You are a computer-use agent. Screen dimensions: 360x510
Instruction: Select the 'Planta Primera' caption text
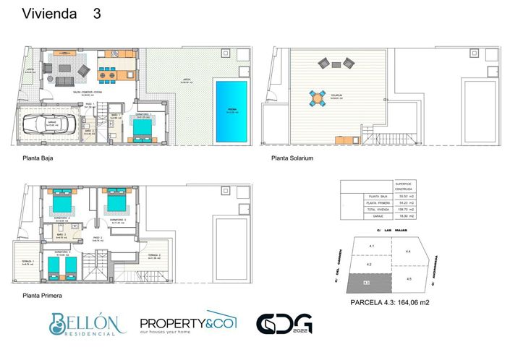coord(41,296)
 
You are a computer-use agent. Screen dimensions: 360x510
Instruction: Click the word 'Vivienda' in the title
coord(49,14)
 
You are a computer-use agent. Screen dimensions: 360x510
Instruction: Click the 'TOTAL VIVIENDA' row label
coord(378,210)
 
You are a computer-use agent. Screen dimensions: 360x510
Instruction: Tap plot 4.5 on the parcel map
coord(408,278)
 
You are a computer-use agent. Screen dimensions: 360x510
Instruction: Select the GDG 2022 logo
coord(284,324)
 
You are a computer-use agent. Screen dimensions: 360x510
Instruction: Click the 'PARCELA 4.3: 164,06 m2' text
coord(390,303)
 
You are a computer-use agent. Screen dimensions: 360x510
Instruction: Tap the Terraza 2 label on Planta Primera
coord(153,256)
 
